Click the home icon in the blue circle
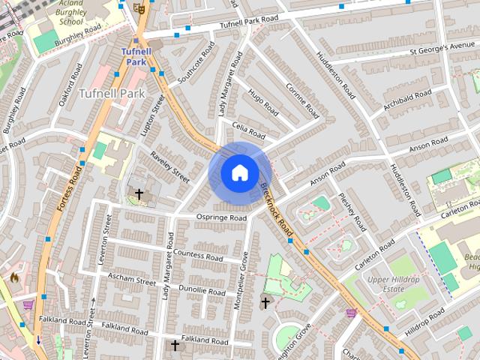(x=239, y=173)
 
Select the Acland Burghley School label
(x=70, y=13)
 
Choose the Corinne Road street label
(x=302, y=101)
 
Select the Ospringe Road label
(x=221, y=218)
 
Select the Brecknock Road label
(x=274, y=208)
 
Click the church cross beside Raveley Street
(x=138, y=194)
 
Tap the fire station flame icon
(x=13, y=277)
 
